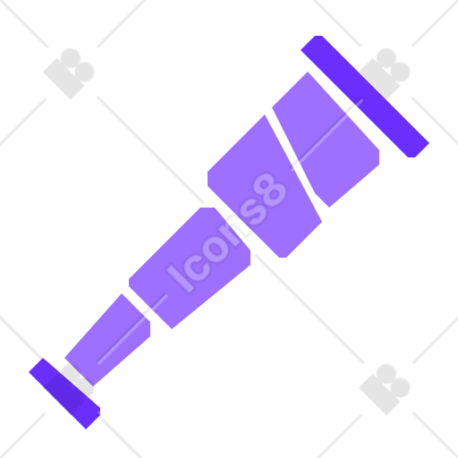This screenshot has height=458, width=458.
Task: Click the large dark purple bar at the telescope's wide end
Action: click(365, 97)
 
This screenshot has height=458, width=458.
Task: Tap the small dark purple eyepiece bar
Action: click(64, 394)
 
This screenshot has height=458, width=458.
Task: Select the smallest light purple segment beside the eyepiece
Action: click(108, 340)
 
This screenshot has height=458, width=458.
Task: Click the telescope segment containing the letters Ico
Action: click(190, 268)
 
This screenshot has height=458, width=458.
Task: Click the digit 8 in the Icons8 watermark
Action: click(270, 190)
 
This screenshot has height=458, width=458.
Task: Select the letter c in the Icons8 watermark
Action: click(197, 262)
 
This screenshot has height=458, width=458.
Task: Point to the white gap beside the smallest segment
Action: click(140, 309)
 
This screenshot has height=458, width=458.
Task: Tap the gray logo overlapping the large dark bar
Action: click(385, 73)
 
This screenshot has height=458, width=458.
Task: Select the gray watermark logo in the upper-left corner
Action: click(69, 73)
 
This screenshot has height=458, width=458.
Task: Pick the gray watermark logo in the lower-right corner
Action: click(385, 389)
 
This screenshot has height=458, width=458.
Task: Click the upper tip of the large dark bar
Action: click(318, 37)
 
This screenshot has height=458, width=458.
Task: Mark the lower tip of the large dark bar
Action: click(411, 157)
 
